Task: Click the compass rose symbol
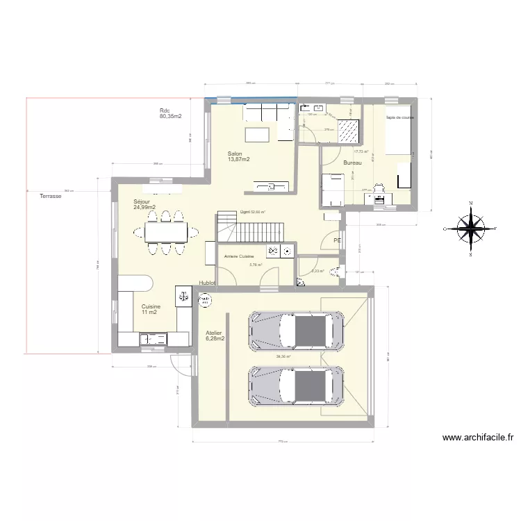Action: [x=472, y=227]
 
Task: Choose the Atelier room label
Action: [x=215, y=336]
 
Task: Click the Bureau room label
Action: [x=352, y=163]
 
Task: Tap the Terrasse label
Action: [x=50, y=197]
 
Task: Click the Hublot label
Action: [x=208, y=283]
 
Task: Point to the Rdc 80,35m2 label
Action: [x=170, y=114]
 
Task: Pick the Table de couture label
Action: [x=400, y=117]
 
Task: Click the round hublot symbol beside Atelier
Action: [x=205, y=300]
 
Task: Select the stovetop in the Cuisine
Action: [x=184, y=295]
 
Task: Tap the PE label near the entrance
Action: [x=337, y=240]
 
